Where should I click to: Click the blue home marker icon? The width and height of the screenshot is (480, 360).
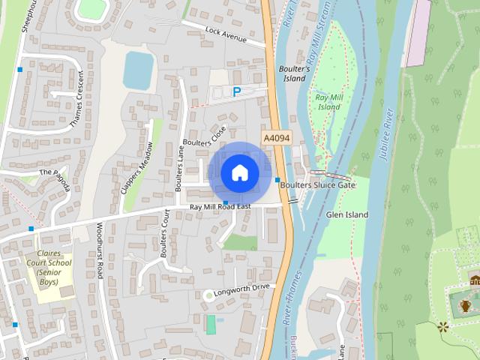pos(240,172)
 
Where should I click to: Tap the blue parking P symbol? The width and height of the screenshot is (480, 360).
pos(237,92)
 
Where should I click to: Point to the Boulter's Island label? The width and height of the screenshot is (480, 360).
pos(293,73)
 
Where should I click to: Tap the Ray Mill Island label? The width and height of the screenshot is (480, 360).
pos(328,102)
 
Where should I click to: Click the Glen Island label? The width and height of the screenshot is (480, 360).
pos(347,214)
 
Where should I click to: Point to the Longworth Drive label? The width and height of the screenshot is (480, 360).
pos(241,289)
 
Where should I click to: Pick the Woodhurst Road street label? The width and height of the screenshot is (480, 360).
pos(98,250)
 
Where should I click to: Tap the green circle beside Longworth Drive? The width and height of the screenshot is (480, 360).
pos(208,295)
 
